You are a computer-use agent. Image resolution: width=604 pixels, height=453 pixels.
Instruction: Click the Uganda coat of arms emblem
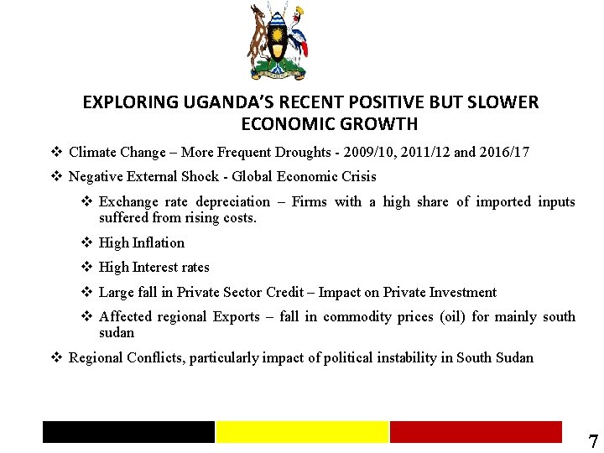279,41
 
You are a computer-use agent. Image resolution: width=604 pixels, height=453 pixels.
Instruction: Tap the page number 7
593,442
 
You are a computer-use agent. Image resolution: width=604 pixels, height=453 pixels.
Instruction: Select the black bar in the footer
128,432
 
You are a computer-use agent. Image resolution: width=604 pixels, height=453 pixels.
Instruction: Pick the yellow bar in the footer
302,432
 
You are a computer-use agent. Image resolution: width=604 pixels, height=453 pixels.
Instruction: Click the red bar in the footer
476,432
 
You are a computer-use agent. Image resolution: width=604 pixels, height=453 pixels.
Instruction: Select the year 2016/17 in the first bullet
502,153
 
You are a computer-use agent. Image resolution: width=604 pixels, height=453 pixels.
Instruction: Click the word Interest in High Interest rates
159,268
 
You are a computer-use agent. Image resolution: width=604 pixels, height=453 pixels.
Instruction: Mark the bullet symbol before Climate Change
55,153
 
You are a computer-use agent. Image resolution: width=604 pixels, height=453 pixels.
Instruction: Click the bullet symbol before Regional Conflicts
55,358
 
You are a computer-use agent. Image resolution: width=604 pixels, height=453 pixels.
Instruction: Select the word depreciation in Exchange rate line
233,202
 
